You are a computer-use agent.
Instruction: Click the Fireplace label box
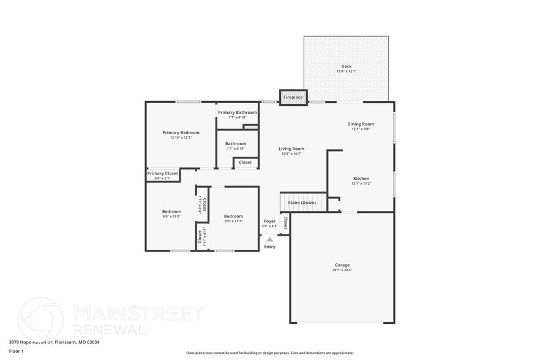tap(293, 97)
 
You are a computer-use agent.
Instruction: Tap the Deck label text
tap(346, 66)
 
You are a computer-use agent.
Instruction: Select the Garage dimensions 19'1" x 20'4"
tap(342, 270)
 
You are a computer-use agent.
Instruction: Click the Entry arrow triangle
tap(269, 239)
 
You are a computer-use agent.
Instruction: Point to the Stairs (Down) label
tap(302, 202)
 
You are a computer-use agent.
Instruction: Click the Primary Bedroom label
tap(181, 132)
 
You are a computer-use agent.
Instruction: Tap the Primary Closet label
tap(163, 173)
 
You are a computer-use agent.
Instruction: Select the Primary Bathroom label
tap(238, 113)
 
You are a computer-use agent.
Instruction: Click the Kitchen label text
tap(361, 179)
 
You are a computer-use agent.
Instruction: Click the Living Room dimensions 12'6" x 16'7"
tap(291, 154)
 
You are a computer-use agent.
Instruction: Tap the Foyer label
tap(269, 221)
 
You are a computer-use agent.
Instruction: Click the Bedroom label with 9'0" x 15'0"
tap(171, 211)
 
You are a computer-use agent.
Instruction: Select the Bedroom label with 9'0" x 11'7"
tap(233, 216)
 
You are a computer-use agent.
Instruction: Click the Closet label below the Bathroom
tap(245, 162)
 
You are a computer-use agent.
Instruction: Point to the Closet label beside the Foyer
tap(285, 223)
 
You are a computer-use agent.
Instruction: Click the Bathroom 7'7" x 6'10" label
tap(236, 144)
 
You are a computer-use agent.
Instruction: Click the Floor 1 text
tap(16, 351)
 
